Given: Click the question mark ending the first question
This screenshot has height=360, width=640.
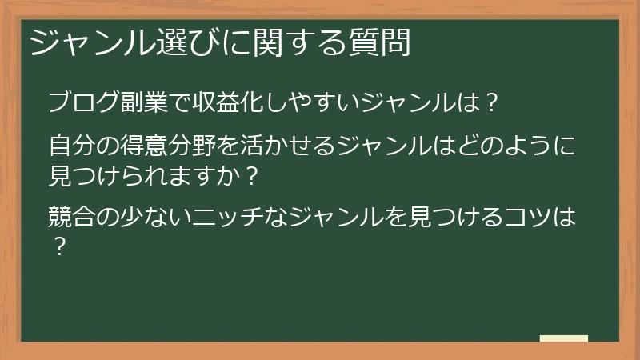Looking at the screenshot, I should (493, 103).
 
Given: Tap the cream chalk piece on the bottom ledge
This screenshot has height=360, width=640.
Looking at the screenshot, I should (564, 338).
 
